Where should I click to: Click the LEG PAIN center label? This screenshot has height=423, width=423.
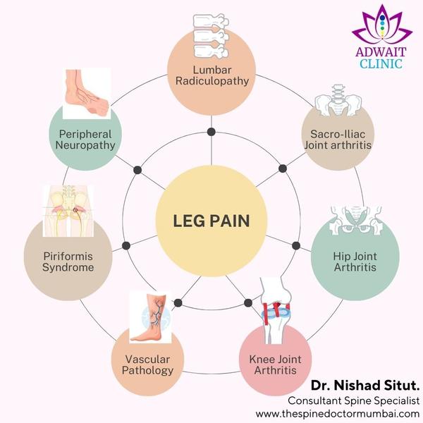coord(211,221)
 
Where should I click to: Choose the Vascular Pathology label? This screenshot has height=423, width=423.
coord(147,364)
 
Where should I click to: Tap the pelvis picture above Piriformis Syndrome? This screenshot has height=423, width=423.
coord(68,210)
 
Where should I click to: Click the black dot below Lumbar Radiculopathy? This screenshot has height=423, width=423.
coord(211,133)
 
